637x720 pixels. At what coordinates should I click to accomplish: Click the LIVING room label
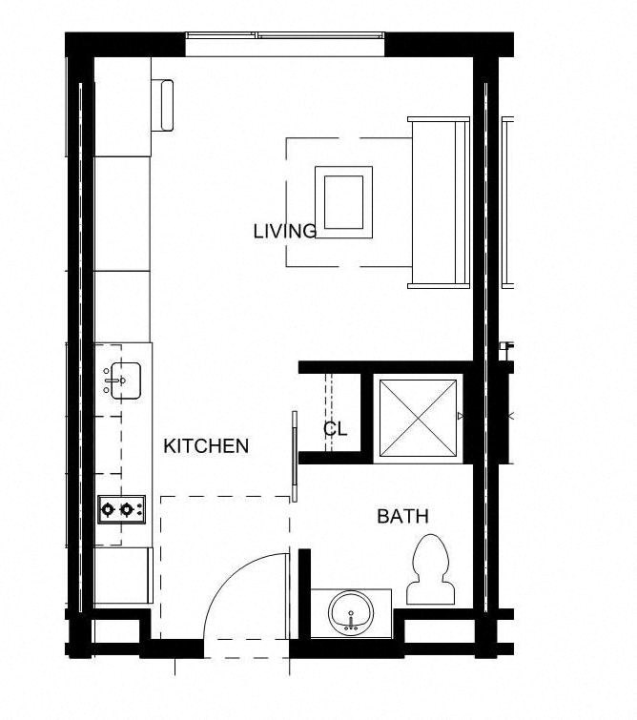(x=284, y=231)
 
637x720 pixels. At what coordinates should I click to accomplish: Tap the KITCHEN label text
(x=206, y=445)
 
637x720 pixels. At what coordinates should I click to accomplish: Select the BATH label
(x=402, y=517)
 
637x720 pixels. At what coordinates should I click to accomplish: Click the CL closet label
(x=335, y=429)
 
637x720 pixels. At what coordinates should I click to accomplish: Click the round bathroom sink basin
(x=352, y=611)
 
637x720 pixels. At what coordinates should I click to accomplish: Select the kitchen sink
(x=122, y=381)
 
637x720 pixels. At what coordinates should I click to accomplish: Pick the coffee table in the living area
(x=345, y=201)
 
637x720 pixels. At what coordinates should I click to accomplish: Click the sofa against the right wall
(x=439, y=202)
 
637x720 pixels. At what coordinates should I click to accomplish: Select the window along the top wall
(x=286, y=37)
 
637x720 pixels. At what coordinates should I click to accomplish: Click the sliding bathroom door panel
(x=295, y=456)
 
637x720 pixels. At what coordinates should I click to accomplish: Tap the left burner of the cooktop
(x=109, y=509)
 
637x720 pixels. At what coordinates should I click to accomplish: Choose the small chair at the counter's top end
(x=169, y=104)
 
